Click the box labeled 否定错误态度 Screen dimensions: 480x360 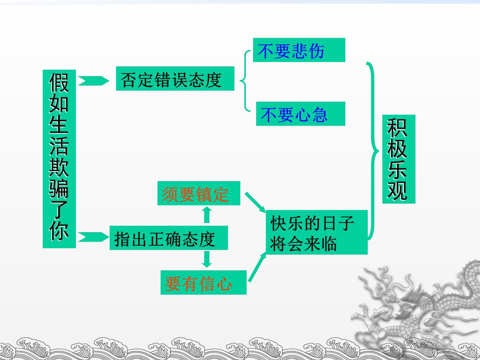pos(175,78)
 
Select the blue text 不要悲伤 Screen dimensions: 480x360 pos(291,51)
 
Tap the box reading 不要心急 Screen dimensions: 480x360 pos(301,114)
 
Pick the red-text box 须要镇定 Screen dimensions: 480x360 pos(199,193)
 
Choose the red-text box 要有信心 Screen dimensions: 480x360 pos(204,282)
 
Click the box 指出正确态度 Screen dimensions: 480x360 pos(169,238)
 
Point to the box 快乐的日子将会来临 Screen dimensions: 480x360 pos(317,232)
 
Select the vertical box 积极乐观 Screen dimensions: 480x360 pos(399,159)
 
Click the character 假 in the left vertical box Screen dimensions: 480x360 pos(59,83)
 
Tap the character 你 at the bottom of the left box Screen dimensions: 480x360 pos(59,231)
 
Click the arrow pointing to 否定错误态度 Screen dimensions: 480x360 pos(94,81)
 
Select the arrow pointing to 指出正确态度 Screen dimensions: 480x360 pos(94,237)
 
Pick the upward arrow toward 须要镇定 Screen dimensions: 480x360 pos(207,215)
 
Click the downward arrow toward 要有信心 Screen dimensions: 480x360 pos(207,259)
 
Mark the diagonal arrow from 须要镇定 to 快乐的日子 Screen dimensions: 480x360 pos(255,202)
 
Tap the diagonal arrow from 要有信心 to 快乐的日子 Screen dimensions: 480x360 pos(257,267)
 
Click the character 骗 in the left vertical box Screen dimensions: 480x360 pos(59,188)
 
